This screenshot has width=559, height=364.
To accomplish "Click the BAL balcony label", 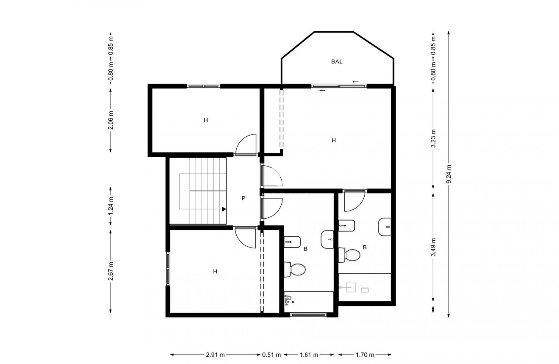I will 337,61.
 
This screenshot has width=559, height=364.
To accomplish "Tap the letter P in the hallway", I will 244,198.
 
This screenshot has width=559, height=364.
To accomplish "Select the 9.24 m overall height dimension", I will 449,174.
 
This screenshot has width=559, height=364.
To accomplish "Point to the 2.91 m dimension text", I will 216,355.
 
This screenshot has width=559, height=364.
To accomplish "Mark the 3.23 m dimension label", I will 433,138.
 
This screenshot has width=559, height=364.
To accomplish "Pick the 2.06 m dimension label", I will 111,120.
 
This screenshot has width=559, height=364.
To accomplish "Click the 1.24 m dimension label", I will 111,206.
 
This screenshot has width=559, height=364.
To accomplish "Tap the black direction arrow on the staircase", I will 223,208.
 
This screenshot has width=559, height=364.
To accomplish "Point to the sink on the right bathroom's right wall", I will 385,226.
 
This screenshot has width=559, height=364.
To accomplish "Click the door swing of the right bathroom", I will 354,201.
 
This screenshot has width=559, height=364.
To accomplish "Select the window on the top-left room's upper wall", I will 203,86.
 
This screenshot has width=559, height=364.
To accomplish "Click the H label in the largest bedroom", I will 334,140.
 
